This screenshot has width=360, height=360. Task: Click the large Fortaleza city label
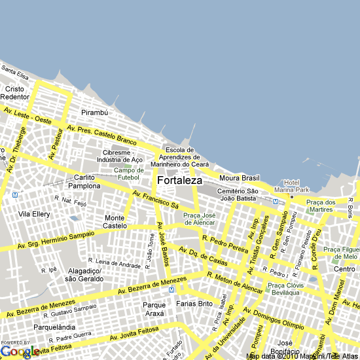click(x=179, y=180)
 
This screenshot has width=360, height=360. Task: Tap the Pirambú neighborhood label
click(x=94, y=113)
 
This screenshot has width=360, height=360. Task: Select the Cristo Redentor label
click(x=15, y=93)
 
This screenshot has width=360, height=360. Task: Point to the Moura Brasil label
click(x=240, y=178)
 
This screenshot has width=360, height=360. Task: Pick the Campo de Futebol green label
click(x=128, y=173)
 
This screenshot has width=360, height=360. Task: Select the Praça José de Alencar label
click(x=199, y=219)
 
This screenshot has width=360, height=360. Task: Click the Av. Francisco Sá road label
click(x=156, y=200)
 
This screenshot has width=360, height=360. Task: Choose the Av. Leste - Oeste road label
click(x=27, y=116)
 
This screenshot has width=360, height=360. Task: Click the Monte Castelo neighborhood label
click(x=115, y=222)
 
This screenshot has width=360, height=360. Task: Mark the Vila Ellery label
click(x=34, y=214)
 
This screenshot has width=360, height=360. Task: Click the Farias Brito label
click(x=194, y=304)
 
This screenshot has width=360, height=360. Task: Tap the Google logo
click(x=20, y=351)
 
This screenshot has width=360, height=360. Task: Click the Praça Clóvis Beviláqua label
click(x=284, y=289)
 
